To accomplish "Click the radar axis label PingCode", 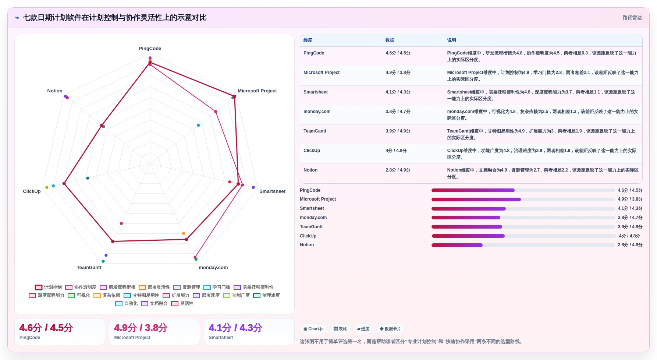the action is coord(150,49).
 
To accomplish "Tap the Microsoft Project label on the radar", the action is coord(257,91).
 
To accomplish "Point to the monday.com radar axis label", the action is coord(213,268).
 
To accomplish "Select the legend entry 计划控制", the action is coord(49,287).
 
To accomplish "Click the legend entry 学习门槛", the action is coord(217,287).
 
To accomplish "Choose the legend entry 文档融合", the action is coord(155,303).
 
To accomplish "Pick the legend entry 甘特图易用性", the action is coord(142,295).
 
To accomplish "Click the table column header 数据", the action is coord(390,40).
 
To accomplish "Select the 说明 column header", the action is coord(452,40).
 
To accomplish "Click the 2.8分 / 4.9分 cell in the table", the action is coord(398,170).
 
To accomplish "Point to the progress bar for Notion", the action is coord(523,245).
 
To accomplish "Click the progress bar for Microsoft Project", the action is coord(523,200).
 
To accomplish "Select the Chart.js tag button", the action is coord(313,329).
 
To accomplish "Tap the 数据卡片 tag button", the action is coord(390,329).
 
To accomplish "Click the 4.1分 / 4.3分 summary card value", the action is coord(235,328).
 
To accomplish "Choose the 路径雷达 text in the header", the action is coord(632,18).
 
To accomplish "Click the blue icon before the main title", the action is coord(17,18).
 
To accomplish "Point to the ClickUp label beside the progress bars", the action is coord(308,236).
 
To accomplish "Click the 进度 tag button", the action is coord(363,329).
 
